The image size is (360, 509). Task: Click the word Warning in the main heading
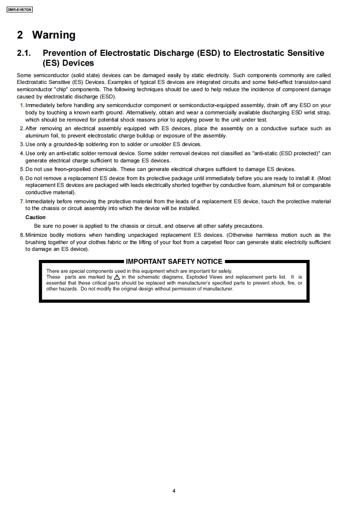pos(54,35)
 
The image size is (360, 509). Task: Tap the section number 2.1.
pos(24,53)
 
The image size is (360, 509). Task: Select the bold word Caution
pos(35,217)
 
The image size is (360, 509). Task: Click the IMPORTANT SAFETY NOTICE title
pos(174,261)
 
